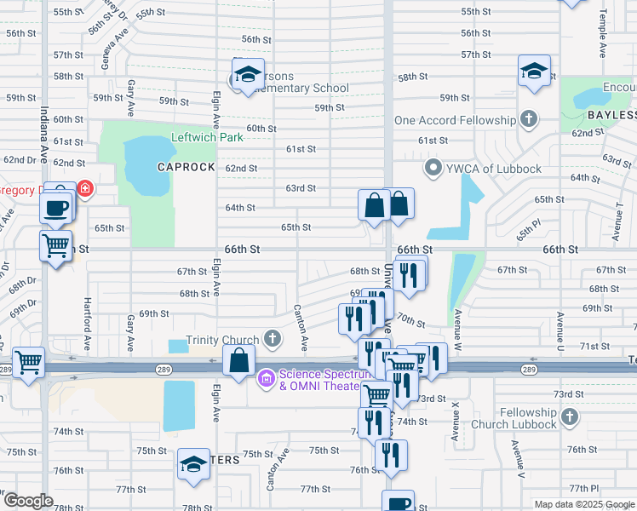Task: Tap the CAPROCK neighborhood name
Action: (186, 167)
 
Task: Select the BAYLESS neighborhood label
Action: (605, 115)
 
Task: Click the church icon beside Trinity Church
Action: (272, 340)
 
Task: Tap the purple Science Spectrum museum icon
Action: (267, 376)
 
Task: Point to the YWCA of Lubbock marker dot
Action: (433, 168)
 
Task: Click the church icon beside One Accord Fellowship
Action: (528, 120)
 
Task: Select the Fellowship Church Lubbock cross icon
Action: (570, 418)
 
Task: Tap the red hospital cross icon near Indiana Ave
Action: (84, 187)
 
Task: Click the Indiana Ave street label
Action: (42, 135)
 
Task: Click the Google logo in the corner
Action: (27, 502)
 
